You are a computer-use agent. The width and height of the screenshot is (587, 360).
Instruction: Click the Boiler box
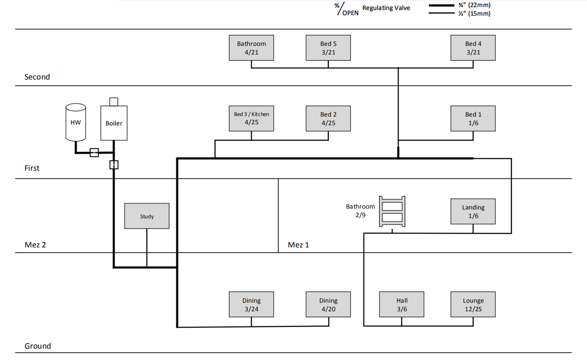coord(114,123)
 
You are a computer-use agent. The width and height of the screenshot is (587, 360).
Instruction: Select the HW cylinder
coord(76,122)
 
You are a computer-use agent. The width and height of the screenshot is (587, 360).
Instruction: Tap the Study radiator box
coord(147,216)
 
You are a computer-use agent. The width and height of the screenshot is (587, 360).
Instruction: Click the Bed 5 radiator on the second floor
coord(328,48)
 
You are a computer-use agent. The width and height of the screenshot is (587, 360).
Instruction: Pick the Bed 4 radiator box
coord(473,48)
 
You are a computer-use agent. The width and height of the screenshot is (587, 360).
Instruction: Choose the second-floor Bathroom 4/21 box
coord(251,48)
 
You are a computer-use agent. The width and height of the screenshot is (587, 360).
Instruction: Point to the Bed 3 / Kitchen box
coord(251,119)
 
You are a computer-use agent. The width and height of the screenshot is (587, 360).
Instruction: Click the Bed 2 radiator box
coord(328,119)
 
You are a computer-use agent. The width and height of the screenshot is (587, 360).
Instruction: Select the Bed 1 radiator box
coord(473,119)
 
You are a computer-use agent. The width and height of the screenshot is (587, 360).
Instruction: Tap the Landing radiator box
coord(473,211)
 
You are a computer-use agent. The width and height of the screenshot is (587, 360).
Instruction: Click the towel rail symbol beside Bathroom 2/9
coord(392,211)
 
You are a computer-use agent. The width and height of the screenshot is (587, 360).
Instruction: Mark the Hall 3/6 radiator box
coord(402,304)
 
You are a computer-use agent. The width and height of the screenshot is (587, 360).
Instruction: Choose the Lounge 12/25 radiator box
coord(473,304)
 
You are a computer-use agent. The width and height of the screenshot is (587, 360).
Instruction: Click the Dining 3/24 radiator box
coord(251,304)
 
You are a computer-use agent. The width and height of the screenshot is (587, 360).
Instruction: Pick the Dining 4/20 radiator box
coord(328,304)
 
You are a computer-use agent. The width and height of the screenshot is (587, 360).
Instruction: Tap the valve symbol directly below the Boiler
coord(114,165)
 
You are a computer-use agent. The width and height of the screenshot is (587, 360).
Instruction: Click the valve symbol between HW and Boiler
coord(94,152)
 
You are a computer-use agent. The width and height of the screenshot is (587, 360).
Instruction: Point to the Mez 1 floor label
coord(298,245)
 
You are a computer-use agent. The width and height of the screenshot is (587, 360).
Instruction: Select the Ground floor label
coord(37,346)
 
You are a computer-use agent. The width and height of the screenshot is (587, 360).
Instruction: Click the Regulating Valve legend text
coord(386,8)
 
